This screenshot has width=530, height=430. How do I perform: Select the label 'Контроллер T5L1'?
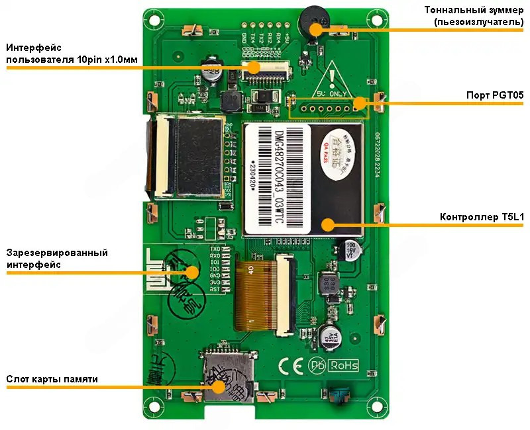(482, 218)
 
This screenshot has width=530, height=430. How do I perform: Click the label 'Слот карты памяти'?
(52, 379)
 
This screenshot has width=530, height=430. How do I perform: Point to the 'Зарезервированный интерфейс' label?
(57, 259)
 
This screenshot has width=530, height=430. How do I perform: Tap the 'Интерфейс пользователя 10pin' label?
(72, 54)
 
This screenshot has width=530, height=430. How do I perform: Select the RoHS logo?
(343, 365)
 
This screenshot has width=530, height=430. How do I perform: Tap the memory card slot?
(229, 377)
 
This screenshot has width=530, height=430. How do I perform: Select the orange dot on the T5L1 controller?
(327, 224)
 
